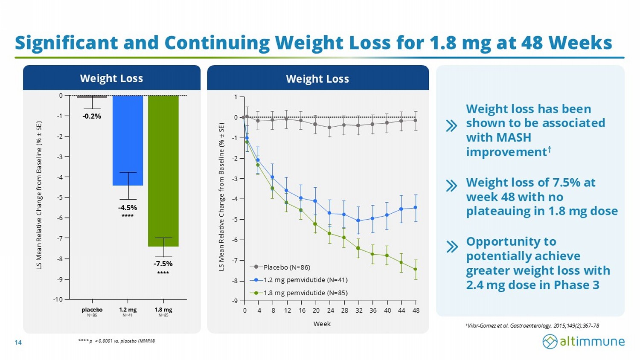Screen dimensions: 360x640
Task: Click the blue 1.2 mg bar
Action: pos(128,140)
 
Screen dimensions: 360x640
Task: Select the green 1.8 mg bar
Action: pos(163,171)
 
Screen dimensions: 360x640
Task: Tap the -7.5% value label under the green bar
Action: pos(163,264)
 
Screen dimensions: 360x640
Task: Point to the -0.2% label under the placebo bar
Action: pos(92,116)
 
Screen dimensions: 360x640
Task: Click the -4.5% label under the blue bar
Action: pos(128,208)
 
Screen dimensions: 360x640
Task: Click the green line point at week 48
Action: pos(416,269)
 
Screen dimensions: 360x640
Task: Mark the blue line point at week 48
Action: pos(416,208)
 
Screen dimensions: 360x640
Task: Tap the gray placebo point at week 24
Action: pos(329,128)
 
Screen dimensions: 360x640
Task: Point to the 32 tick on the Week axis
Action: pos(359,311)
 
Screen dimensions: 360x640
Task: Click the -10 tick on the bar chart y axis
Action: pos(58,299)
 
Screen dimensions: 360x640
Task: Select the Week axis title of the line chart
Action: pos(322,324)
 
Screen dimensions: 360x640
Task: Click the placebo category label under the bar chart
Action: pos(92,310)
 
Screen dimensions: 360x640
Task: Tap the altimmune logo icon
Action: pos(550,341)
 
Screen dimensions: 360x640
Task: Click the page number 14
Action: pos(18,343)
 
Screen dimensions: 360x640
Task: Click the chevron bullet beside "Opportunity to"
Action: pos(451,247)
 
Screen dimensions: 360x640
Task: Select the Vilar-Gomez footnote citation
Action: pos(533,326)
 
